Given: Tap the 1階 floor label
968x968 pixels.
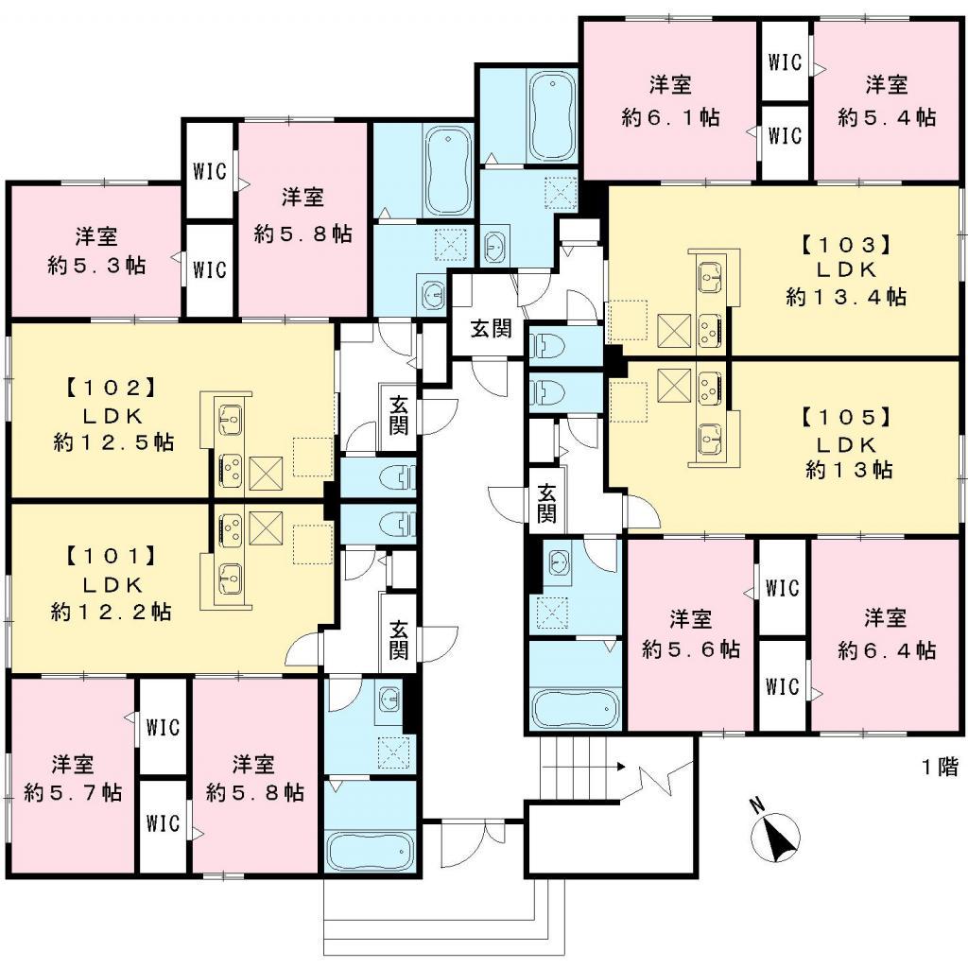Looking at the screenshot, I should point(940,767).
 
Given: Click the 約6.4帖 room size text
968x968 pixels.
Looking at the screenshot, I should point(887,651).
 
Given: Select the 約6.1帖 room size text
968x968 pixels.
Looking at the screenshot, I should point(670,117).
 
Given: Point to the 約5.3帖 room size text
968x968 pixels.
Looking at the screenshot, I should point(96,266).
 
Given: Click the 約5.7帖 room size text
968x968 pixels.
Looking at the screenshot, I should point(72,792).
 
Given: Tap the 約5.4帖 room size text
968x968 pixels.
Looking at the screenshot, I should point(887,117).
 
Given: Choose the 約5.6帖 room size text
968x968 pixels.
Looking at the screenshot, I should point(691,650).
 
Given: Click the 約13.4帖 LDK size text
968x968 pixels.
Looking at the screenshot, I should point(846,297).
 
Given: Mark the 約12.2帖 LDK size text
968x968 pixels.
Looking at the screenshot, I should point(110,612).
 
